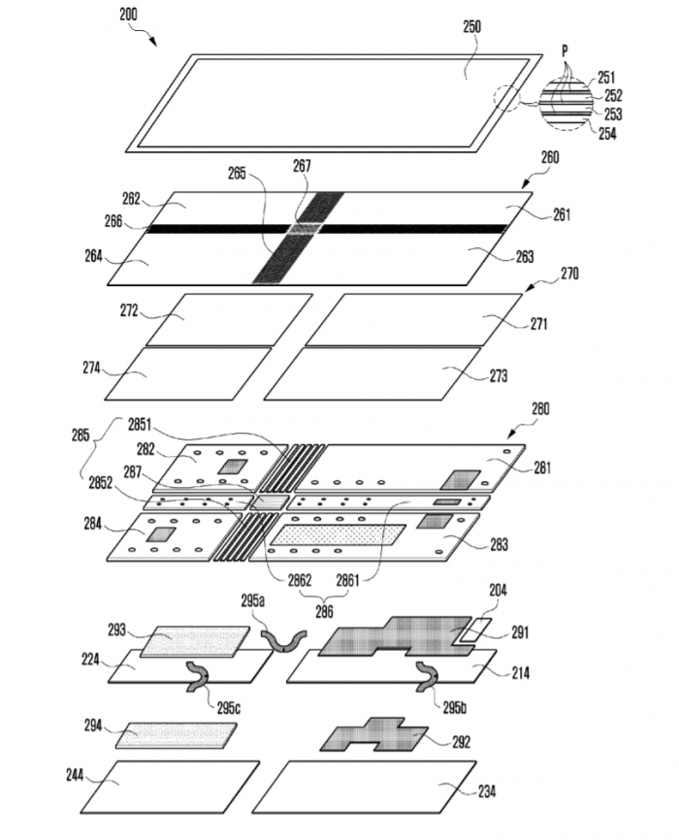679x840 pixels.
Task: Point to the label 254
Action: coord(606,133)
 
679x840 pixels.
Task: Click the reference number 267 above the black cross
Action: coord(302,166)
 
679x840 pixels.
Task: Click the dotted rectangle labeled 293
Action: coord(194,641)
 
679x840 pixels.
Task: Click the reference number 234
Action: coord(487,792)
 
